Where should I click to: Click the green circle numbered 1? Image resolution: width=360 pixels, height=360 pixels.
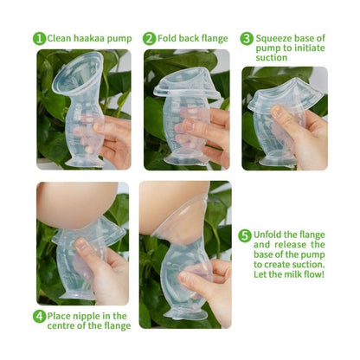39,39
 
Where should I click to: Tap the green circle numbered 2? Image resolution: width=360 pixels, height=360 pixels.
149,39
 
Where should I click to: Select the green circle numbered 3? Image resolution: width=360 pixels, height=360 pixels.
247,39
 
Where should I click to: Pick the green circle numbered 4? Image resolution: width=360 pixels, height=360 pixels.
39,317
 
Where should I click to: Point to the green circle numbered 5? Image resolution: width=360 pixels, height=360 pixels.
245,235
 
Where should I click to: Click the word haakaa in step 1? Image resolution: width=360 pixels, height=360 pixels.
88,38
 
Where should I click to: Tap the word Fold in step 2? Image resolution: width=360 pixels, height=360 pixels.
167,38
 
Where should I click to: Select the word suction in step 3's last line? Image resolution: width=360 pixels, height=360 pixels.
272,58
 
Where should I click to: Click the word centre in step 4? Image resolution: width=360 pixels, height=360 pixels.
61,326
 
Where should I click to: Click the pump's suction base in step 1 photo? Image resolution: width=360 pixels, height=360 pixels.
84,163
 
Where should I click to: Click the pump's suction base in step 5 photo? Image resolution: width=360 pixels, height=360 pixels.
185,314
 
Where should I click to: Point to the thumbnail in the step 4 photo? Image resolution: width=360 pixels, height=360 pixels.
81,244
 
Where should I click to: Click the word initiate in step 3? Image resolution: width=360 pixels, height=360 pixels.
309,48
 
